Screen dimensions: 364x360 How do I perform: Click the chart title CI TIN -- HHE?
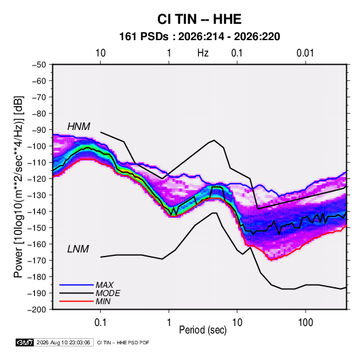(x=199, y=19)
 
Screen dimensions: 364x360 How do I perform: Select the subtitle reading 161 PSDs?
(x=144, y=37)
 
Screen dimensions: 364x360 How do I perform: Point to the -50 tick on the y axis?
(x=39, y=65)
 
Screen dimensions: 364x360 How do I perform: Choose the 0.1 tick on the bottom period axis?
(x=100, y=323)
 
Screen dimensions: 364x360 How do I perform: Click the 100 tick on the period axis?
(x=305, y=323)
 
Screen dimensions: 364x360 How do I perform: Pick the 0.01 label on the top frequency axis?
(x=305, y=53)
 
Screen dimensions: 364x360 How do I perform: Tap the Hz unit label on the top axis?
(x=203, y=53)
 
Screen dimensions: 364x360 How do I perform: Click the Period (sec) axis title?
(x=203, y=330)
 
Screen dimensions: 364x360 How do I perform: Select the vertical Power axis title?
(x=18, y=187)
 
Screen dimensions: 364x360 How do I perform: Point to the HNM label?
(x=79, y=127)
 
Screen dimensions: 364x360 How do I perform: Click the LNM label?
(x=78, y=249)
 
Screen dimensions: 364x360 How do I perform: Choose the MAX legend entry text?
(x=105, y=285)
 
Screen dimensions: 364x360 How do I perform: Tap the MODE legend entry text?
(x=107, y=293)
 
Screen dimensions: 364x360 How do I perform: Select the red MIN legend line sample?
(x=76, y=301)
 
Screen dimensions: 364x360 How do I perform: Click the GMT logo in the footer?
(x=25, y=342)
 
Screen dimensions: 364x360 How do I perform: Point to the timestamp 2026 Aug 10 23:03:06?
(x=63, y=342)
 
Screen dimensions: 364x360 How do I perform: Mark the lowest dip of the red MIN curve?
(x=270, y=260)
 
